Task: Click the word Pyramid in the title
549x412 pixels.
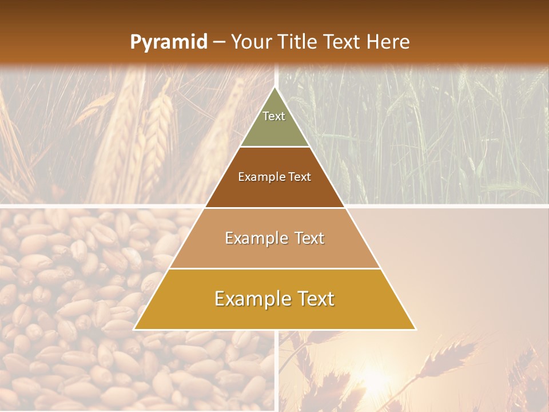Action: point(169,42)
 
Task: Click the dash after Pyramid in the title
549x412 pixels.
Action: point(218,42)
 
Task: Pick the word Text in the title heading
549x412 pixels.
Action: point(341,42)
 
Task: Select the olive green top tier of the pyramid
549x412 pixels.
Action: point(274,129)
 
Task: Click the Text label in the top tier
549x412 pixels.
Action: point(274,116)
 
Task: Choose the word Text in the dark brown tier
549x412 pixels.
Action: point(300,177)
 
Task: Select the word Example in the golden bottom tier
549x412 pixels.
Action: point(251,299)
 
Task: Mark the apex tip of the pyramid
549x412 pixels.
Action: point(275,88)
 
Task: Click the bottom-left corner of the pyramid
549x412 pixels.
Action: point(134,329)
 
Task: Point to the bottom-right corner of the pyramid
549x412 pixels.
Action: point(415,329)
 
